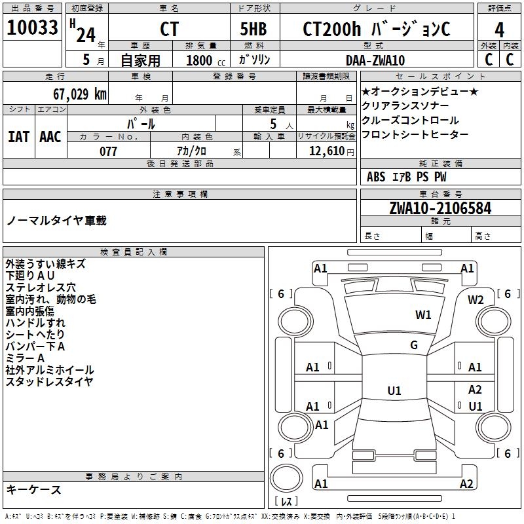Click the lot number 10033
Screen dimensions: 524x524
coord(32,28)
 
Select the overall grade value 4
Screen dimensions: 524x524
coord(499,30)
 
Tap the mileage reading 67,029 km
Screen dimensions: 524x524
coord(80,94)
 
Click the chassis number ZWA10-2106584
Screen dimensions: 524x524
coord(440,208)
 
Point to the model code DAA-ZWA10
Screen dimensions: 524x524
coord(375,60)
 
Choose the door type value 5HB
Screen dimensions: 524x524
coord(253,29)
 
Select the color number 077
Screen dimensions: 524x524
coord(108,151)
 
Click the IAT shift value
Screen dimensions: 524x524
coord(18,137)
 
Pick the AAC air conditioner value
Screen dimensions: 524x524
coord(50,137)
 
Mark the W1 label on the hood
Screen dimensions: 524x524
coord(423,314)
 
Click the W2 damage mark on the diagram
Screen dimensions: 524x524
coord(476,300)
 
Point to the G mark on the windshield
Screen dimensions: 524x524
coord(414,345)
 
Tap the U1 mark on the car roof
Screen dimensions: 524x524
coord(394,390)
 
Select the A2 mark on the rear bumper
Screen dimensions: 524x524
coord(466,483)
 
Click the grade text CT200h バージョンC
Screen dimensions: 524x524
coord(377,29)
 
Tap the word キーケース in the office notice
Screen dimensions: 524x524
coord(33,489)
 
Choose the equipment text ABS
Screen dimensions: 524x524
coord(376,177)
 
